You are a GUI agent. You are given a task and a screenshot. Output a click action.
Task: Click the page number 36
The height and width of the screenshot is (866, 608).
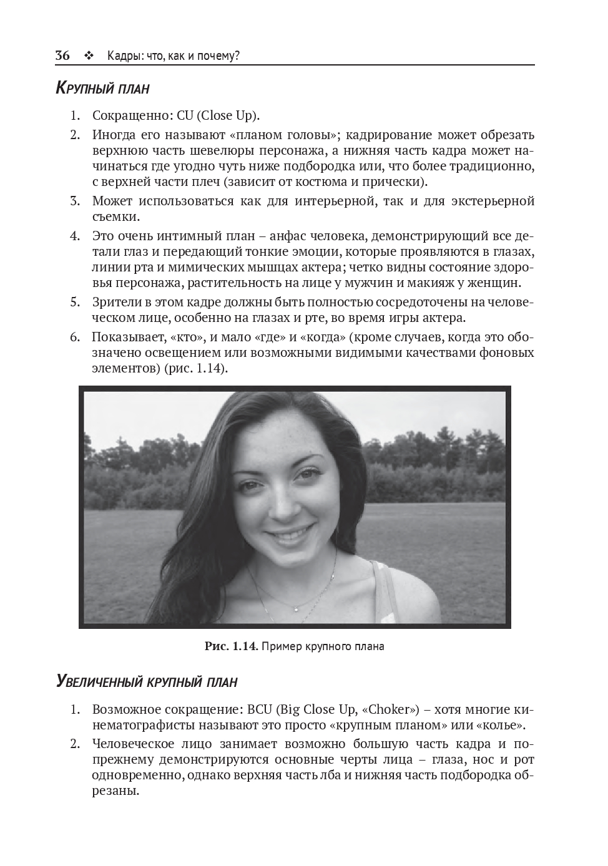click(62, 56)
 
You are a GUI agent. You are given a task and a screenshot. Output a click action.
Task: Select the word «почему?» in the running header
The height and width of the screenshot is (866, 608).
click(218, 56)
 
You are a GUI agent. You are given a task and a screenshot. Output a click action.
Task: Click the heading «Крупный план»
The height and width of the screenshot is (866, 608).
click(102, 88)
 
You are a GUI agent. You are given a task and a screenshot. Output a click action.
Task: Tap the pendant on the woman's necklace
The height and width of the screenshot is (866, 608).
click(295, 607)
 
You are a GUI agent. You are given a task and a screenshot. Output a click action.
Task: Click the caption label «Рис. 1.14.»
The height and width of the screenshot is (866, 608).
click(231, 646)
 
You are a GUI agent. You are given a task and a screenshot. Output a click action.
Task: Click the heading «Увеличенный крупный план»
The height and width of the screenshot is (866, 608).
click(147, 681)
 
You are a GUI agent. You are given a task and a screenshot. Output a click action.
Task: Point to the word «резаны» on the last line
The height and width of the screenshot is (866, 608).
click(115, 792)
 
